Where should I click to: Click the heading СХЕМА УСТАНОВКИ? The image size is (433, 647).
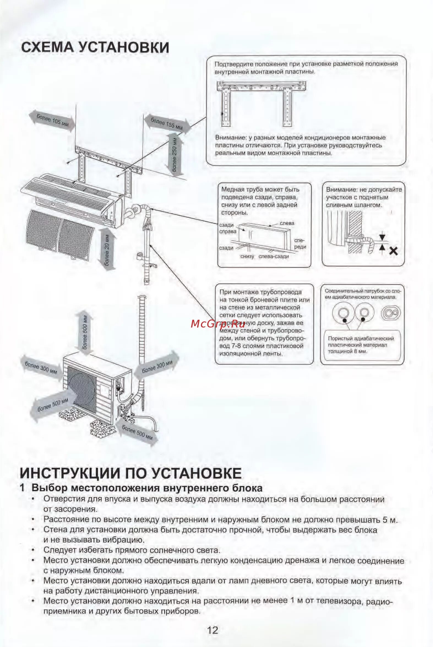[95, 47]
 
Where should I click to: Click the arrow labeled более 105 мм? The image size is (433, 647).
[52, 121]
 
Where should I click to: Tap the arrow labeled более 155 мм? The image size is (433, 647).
[167, 123]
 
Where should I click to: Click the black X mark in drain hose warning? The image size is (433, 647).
[393, 251]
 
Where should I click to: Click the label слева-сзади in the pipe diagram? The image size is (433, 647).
[274, 256]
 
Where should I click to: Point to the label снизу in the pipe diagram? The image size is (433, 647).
[247, 256]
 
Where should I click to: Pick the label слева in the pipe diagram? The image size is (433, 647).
[287, 223]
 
